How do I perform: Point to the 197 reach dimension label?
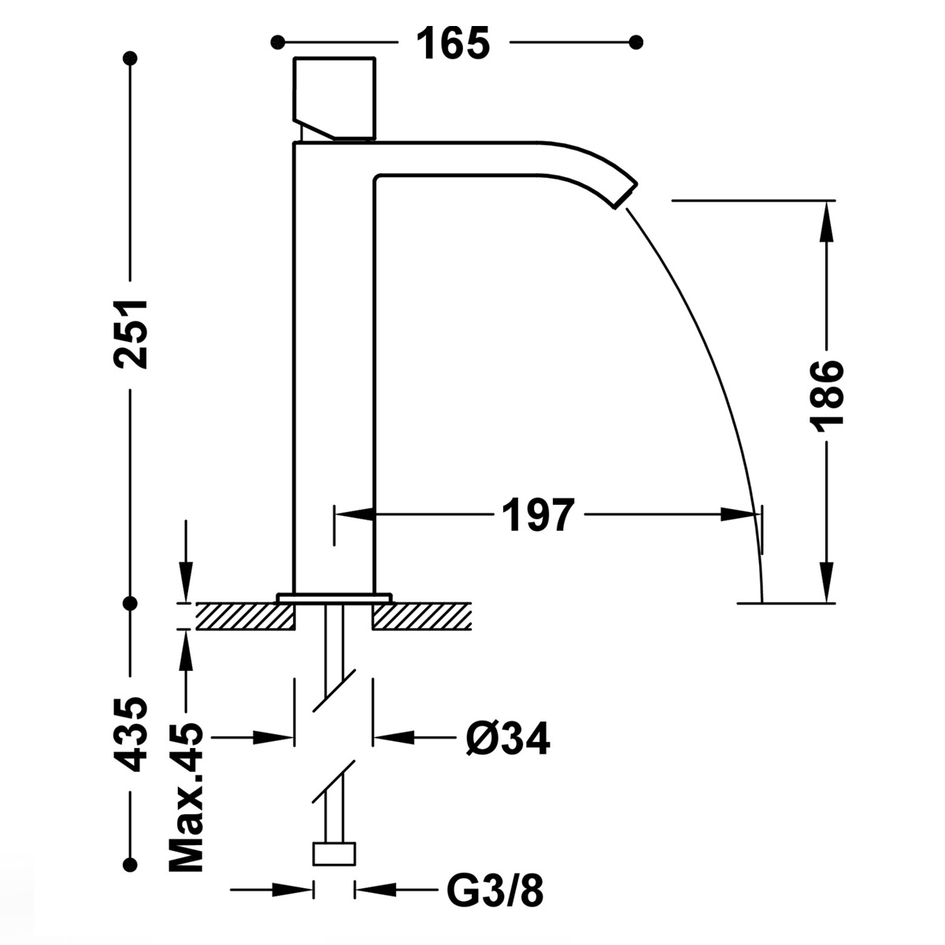(x=536, y=516)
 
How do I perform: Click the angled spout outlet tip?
(x=627, y=191)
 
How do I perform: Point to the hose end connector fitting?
(x=335, y=853)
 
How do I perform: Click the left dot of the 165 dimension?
(x=276, y=42)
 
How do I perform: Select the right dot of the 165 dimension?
(x=637, y=42)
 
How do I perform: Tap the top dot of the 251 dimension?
(x=132, y=59)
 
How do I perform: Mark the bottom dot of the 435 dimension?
(x=132, y=862)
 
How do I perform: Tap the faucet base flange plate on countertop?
(x=334, y=598)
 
